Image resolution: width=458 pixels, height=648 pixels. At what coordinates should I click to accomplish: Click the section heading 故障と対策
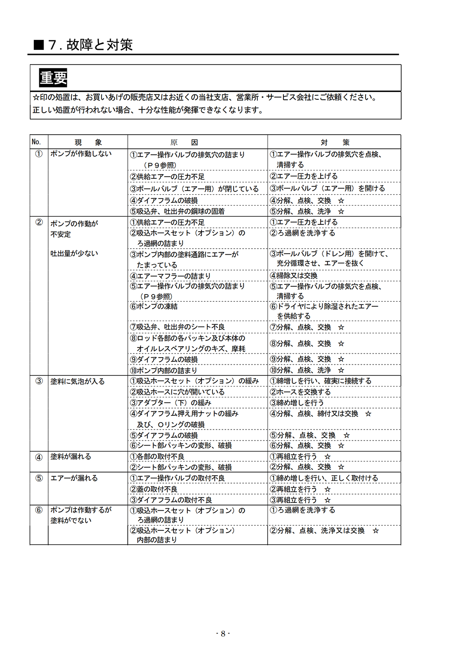(99, 45)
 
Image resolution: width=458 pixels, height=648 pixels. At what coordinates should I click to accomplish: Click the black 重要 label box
(53, 78)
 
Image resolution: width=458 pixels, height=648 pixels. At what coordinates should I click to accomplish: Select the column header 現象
(88, 142)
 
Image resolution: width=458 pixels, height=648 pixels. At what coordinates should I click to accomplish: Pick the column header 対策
(335, 142)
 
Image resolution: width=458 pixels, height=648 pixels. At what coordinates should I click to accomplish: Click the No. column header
(36, 142)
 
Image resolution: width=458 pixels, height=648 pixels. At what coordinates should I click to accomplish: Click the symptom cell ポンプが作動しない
(81, 154)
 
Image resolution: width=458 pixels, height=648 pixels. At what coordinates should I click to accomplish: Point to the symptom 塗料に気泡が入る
(77, 381)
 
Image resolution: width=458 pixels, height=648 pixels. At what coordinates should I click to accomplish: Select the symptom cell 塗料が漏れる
(71, 457)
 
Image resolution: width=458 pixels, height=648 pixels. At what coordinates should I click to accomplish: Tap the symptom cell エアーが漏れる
(74, 478)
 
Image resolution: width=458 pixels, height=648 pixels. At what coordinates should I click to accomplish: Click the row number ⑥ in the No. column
(39, 510)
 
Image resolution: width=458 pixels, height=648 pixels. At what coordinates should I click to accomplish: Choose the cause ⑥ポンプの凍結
(154, 306)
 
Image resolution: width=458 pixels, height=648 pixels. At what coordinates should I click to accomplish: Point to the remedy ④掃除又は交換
(294, 276)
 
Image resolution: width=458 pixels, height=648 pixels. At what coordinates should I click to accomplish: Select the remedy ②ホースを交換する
(300, 392)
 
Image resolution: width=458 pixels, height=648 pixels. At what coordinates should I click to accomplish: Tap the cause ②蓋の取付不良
(154, 490)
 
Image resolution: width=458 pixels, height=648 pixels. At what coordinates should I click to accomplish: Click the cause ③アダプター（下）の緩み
(171, 403)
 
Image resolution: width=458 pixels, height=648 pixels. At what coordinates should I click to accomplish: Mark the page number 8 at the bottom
(223, 634)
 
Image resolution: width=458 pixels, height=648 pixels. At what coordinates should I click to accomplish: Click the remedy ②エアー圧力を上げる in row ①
(304, 176)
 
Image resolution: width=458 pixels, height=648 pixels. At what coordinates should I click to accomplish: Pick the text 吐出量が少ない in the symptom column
(74, 253)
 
